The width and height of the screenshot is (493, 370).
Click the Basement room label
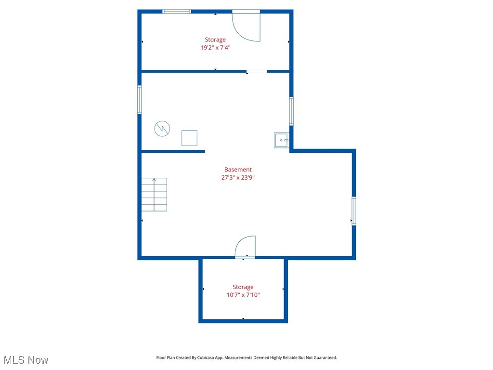[238, 170]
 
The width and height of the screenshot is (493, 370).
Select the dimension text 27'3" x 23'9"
[238, 177]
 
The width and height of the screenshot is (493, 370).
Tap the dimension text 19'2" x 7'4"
[215, 48]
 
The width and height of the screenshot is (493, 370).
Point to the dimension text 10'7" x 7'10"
[243, 295]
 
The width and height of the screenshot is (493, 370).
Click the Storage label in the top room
[215, 40]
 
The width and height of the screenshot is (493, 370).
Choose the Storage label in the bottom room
[243, 287]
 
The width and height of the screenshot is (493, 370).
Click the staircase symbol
[154, 195]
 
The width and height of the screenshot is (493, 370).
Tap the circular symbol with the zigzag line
[162, 129]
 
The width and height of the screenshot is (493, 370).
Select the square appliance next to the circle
[189, 138]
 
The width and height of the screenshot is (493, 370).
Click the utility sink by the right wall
[281, 140]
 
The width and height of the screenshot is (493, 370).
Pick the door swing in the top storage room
[246, 26]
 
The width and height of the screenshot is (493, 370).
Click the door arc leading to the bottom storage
[246, 247]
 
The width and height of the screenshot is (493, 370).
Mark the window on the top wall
[177, 12]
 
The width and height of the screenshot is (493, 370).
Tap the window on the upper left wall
[140, 100]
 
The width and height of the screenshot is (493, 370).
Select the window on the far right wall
[354, 211]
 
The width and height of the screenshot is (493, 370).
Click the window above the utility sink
[291, 111]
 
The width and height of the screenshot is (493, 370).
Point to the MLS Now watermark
[26, 360]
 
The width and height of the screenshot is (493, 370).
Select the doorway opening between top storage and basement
[257, 71]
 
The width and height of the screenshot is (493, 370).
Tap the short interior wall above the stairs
[173, 151]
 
